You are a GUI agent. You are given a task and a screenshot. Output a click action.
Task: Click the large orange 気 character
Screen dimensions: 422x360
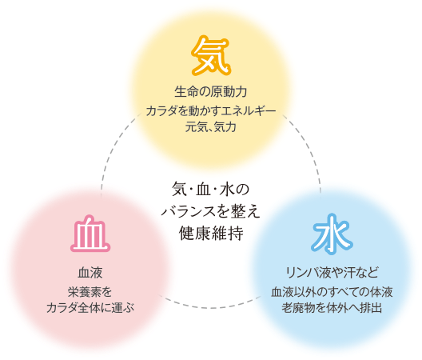211,55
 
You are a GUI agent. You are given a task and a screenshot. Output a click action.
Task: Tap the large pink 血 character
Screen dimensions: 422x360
90,234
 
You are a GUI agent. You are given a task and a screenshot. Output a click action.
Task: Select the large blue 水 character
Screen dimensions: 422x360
332,234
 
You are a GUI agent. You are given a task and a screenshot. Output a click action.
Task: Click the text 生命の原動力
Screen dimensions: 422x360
211,92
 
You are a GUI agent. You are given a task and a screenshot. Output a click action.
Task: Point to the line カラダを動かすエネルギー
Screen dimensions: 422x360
211,110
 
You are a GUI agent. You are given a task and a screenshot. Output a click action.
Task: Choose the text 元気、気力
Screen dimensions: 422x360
211,127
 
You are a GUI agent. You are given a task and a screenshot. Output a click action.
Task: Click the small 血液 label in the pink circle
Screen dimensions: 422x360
90,273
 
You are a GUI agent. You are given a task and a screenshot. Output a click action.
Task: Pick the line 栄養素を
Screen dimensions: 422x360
90,292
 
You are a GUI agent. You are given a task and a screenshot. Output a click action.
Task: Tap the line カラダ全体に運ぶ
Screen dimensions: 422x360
90,308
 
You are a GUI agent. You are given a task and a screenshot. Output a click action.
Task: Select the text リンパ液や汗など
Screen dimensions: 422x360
332,273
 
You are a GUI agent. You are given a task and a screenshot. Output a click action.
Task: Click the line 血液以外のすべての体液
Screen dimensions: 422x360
332,292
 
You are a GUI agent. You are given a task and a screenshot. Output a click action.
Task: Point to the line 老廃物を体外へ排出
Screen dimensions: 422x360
332,308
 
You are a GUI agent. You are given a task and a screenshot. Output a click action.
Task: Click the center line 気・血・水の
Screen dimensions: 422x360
211,190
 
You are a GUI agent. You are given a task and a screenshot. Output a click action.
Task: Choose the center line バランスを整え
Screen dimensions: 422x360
211,211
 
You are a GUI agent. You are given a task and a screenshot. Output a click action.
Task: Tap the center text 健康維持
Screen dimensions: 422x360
211,233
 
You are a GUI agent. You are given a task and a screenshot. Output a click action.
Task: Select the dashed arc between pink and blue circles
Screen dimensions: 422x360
210,307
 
